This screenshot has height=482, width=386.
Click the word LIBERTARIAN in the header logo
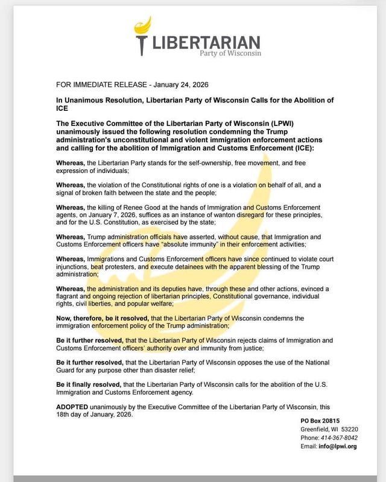point(207,43)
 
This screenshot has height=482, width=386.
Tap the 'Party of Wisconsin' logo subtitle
point(231,54)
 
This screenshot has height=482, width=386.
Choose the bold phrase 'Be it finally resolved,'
point(89,384)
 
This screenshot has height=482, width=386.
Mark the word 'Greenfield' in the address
point(315,429)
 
